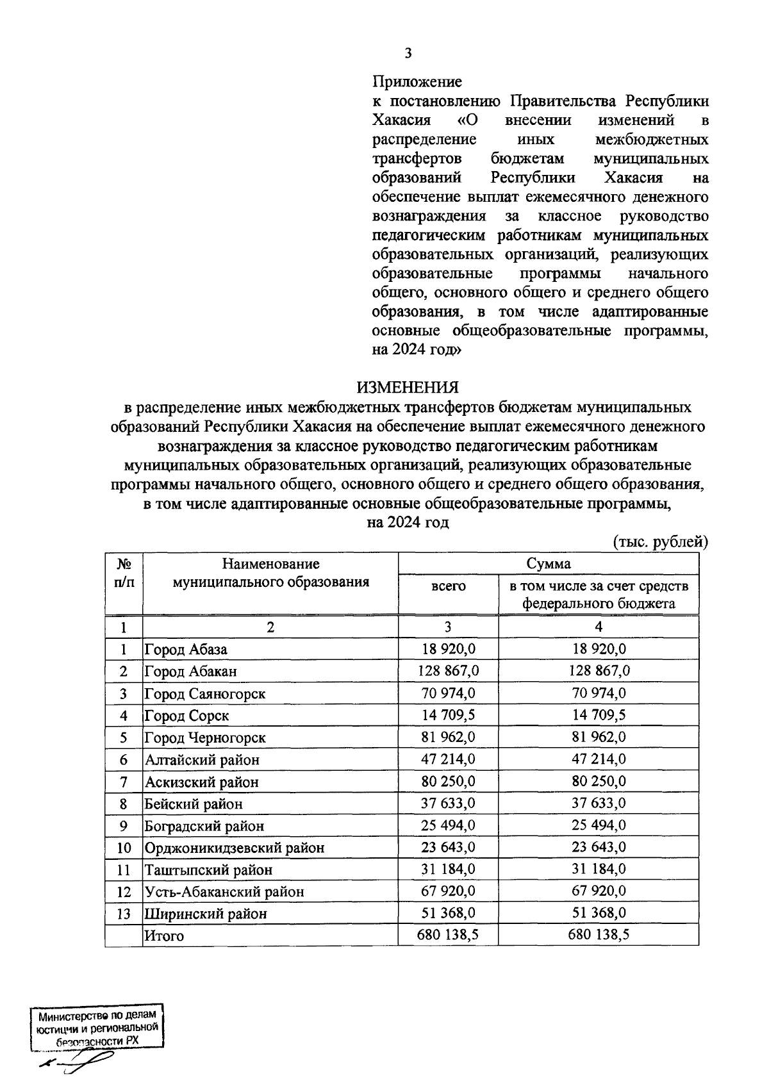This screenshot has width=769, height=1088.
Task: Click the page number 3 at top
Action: [x=408, y=53]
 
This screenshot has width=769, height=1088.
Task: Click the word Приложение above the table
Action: [x=417, y=82]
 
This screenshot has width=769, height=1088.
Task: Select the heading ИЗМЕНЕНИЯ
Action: [x=408, y=388]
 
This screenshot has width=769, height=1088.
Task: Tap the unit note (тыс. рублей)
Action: [x=660, y=542]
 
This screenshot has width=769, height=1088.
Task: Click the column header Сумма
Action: [x=549, y=564]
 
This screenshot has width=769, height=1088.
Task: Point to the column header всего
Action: [x=449, y=586]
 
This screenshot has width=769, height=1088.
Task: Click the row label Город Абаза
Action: [x=186, y=649]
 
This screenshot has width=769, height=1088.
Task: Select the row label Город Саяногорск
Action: [x=205, y=693]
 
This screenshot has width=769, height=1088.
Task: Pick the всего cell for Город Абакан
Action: [x=449, y=671]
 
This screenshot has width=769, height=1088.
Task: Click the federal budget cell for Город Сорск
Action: [x=599, y=714]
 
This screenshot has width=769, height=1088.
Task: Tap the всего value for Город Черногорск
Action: [x=449, y=737]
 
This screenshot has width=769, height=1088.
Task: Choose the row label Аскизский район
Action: [x=202, y=782]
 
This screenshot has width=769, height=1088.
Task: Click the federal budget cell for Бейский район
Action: [x=599, y=803]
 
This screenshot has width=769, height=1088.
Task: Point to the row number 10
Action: [x=124, y=848]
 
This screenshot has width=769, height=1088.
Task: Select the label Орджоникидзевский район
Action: [x=235, y=848]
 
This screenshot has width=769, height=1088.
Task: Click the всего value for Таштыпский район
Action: [x=449, y=869]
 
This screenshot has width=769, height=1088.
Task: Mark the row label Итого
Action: [x=164, y=936]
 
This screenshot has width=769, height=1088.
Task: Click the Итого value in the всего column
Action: [x=449, y=935]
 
